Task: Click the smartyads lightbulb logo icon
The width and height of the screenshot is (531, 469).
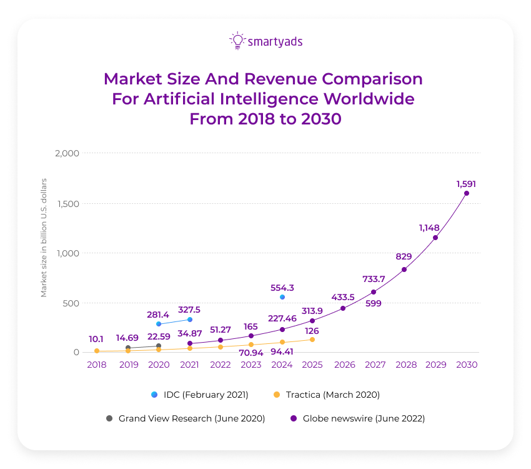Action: click(x=237, y=41)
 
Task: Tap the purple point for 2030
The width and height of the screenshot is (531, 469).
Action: click(x=466, y=193)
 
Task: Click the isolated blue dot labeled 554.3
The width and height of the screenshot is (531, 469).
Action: click(x=282, y=297)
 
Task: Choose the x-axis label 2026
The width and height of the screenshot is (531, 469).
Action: click(x=343, y=365)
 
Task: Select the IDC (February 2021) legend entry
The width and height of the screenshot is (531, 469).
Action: click(x=200, y=395)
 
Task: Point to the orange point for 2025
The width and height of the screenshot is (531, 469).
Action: click(x=312, y=340)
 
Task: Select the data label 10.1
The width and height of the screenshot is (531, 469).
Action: click(x=96, y=339)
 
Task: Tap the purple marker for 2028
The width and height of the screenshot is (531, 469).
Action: click(x=404, y=270)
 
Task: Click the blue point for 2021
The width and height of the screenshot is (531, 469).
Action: click(x=190, y=320)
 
